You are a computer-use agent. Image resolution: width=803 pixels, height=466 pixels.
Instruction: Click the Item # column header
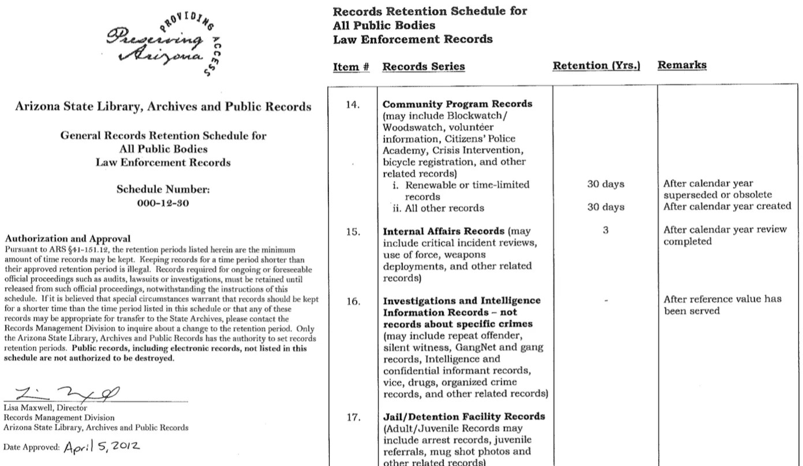click(x=351, y=66)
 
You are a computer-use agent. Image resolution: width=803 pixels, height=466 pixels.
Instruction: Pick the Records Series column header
click(x=423, y=66)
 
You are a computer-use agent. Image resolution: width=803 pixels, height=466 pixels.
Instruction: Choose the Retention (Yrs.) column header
click(x=596, y=66)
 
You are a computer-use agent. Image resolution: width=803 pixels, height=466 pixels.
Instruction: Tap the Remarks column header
click(x=681, y=65)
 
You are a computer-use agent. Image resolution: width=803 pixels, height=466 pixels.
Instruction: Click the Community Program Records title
click(x=457, y=105)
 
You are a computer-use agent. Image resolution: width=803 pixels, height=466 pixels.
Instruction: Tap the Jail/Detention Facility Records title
click(x=464, y=416)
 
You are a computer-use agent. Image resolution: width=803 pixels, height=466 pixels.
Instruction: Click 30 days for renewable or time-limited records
click(x=605, y=185)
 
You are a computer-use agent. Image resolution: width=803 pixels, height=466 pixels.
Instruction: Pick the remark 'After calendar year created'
click(x=727, y=207)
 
